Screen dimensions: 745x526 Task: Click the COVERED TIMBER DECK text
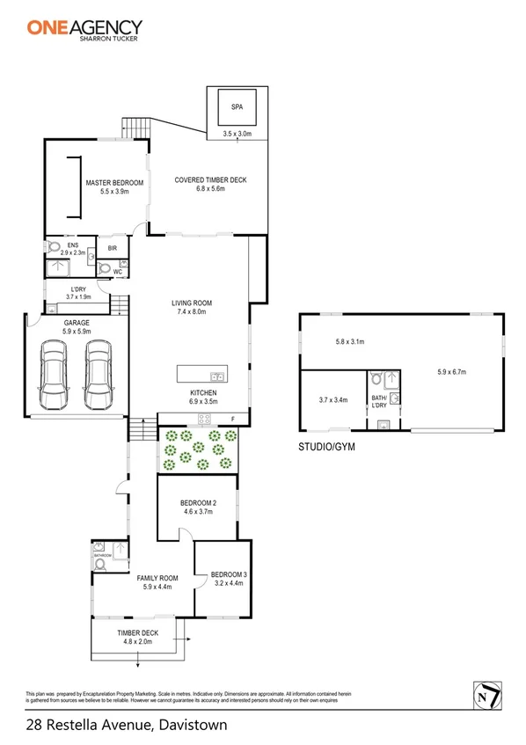pos(211,180)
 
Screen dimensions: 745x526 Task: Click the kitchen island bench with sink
pos(201,373)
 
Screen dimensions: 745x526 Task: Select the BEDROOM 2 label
pos(197,503)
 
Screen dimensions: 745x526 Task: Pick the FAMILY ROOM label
pos(157,578)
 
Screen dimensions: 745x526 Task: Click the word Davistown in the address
pos(192,726)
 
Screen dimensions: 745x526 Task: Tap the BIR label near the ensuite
pos(112,249)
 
